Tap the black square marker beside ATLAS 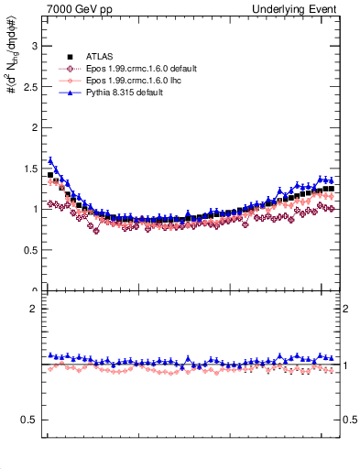point(69,58)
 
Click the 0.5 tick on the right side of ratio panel point(349,420)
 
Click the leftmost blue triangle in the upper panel point(50,159)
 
